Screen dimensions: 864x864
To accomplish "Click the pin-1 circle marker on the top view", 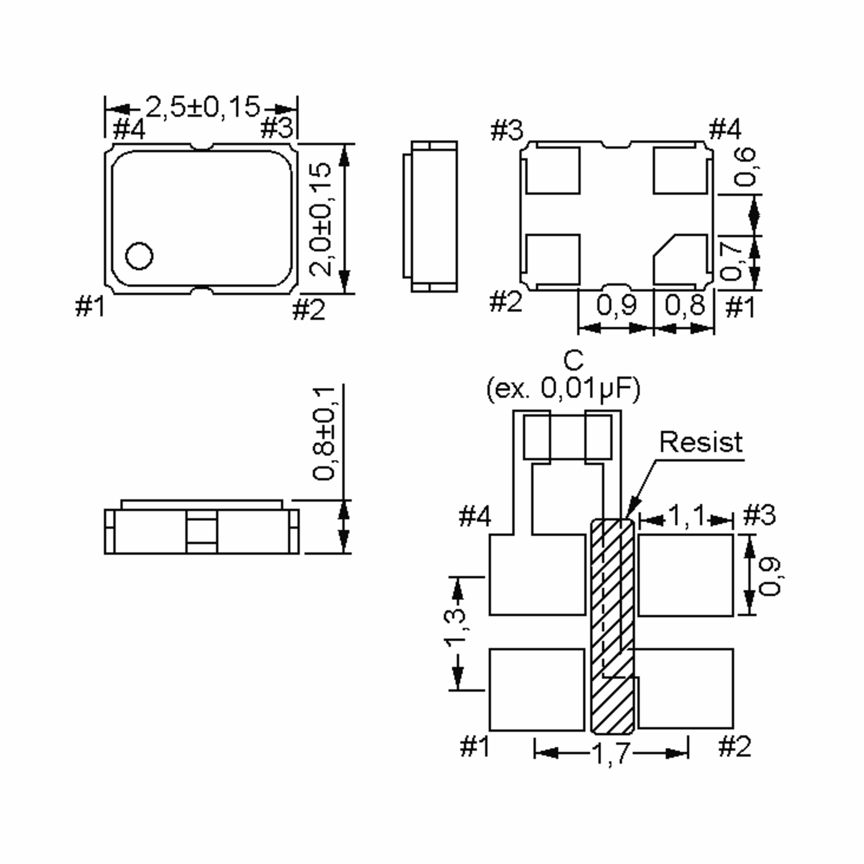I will coord(139,256).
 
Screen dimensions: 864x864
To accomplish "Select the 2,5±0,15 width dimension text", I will coord(202,107).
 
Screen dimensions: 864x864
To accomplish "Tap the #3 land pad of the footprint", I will coord(685,574).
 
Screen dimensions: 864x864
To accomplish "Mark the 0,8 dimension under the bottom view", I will coord(685,305).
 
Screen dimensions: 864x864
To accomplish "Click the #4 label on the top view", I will coord(129,130).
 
